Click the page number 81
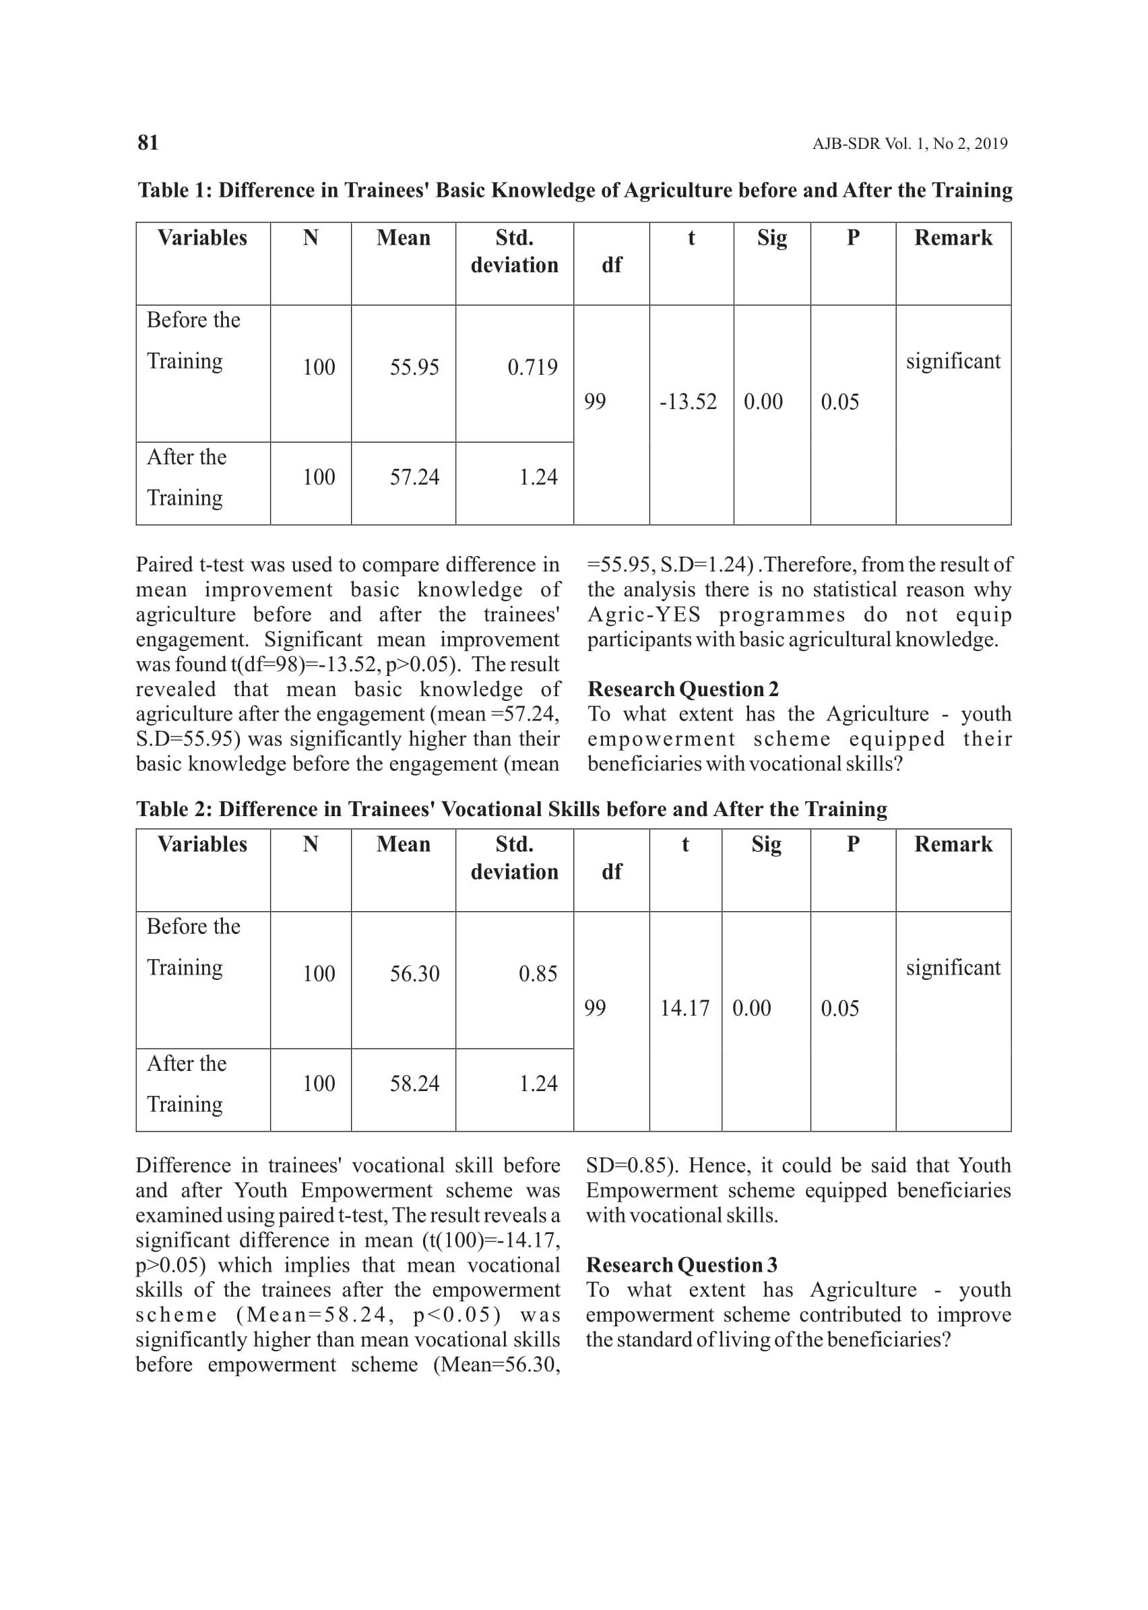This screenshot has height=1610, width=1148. click(148, 143)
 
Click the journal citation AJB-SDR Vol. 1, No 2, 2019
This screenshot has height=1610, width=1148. click(910, 144)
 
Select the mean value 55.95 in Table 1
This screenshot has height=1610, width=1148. click(414, 367)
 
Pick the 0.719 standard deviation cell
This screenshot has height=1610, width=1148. click(532, 367)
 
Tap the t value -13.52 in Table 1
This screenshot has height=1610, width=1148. click(688, 402)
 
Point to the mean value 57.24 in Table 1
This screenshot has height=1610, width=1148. click(414, 477)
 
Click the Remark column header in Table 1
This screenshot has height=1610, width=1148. click(953, 238)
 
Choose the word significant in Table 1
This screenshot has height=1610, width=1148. click(953, 361)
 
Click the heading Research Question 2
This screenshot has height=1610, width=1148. click(683, 689)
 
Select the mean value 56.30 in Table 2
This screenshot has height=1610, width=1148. click(414, 974)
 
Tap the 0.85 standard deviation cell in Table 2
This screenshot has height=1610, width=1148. click(538, 974)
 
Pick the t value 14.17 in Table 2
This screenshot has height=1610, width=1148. click(684, 1008)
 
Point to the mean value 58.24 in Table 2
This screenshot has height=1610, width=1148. click(414, 1083)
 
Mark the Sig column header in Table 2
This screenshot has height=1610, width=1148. click(765, 844)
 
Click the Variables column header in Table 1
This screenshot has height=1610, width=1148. click(202, 238)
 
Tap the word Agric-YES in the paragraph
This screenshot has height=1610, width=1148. click(643, 615)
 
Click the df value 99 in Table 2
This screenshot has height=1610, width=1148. click(594, 1008)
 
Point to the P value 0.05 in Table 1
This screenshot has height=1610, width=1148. click(840, 402)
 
